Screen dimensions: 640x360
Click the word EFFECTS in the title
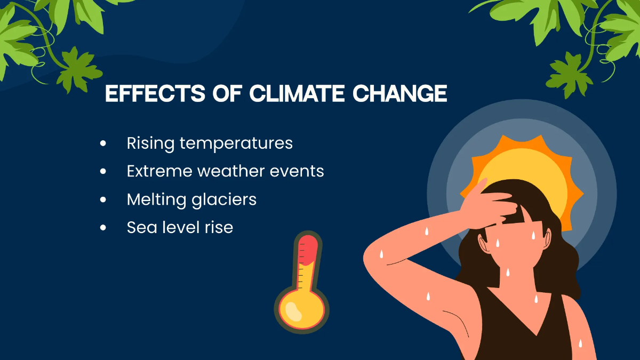155,93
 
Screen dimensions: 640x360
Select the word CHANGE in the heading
400,93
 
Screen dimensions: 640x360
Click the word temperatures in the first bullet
236,143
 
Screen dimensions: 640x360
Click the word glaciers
224,199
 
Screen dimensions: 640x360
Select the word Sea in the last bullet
142,227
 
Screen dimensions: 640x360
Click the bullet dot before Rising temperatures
103,143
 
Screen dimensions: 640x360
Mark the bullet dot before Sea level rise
103,228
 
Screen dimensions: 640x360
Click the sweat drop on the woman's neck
508,272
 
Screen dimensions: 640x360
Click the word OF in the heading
227,93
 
